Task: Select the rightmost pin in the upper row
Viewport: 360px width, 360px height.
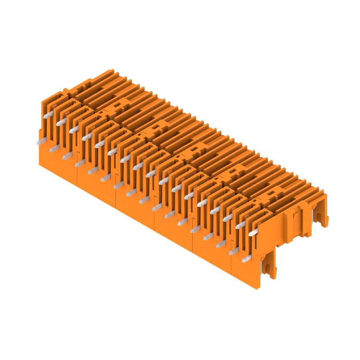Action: (252, 232)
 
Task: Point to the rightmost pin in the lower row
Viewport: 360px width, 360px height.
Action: (245, 259)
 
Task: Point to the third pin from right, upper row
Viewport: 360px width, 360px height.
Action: (227, 217)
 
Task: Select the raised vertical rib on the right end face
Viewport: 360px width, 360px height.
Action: (295, 220)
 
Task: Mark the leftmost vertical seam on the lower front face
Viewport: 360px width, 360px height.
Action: (78, 178)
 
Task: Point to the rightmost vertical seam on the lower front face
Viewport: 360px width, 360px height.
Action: (231, 265)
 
